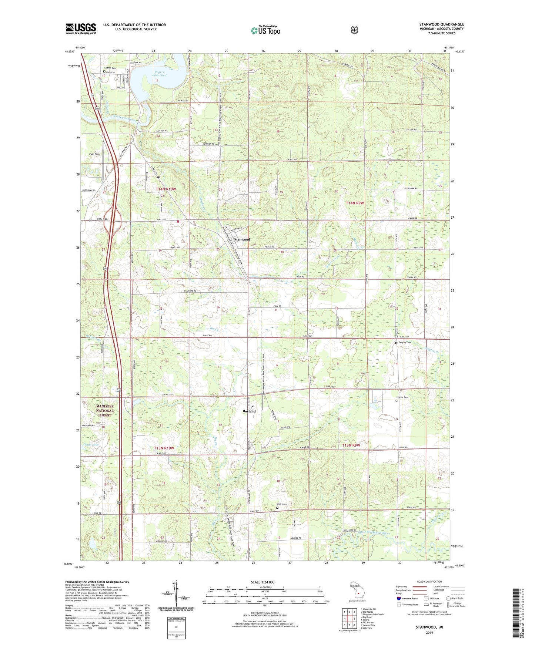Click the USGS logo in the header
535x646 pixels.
point(81,28)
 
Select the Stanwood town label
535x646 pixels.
point(242,239)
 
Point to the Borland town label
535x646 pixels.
point(249,411)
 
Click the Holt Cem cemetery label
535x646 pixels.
point(282,504)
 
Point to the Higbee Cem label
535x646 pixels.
point(404,397)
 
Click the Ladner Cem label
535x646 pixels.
point(110,68)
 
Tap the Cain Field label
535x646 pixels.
point(94,154)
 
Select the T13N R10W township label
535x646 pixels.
point(164,448)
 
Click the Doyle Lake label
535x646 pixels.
point(91,444)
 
